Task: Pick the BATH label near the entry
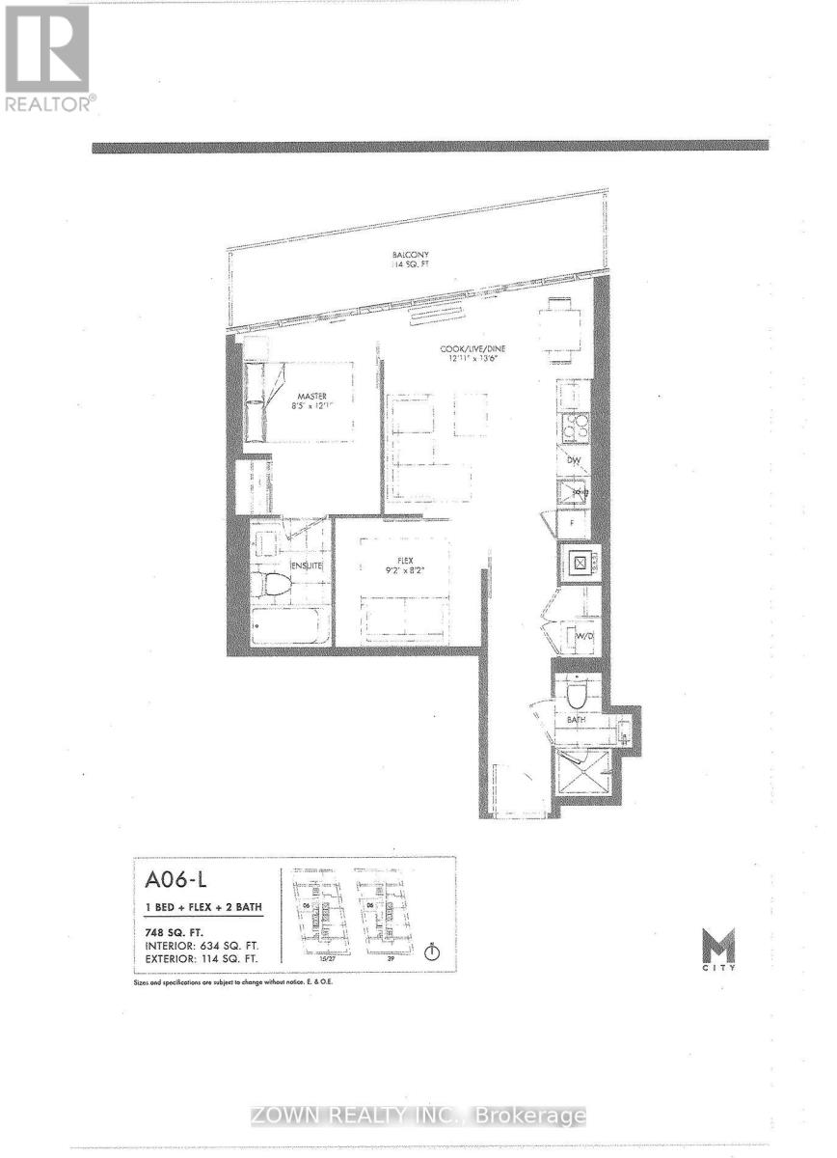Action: pos(576,720)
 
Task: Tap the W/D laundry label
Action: pos(583,637)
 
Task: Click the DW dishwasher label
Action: pos(573,460)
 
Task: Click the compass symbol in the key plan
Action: pos(432,951)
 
